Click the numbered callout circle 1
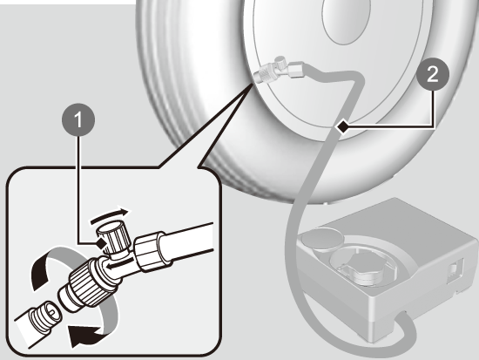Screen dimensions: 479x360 click(78, 119)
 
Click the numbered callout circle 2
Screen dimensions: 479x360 click(433, 74)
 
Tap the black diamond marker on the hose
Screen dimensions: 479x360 click(343, 126)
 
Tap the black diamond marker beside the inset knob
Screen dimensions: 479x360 click(100, 244)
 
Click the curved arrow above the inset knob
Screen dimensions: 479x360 click(110, 215)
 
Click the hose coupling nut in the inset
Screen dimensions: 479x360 click(150, 251)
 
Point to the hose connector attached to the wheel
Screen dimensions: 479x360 click(279, 71)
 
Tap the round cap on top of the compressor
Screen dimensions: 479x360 click(326, 239)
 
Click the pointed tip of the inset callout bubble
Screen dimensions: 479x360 click(252, 85)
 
